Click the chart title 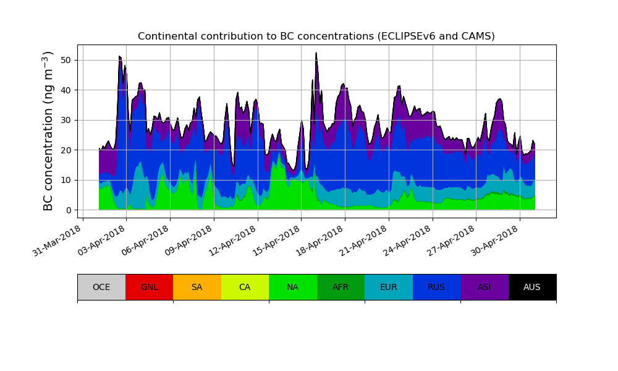point(316,36)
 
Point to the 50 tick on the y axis point(68,60)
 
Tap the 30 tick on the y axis point(68,120)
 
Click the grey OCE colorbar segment point(101,287)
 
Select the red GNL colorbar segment point(149,287)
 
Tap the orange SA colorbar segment point(197,287)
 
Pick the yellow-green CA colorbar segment point(245,287)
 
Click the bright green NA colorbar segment point(293,287)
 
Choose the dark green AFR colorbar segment point(341,287)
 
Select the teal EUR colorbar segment point(389,287)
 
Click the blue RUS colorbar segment point(436,287)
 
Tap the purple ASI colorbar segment point(485,287)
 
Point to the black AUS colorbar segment point(532,287)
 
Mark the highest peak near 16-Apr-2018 point(316,53)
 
